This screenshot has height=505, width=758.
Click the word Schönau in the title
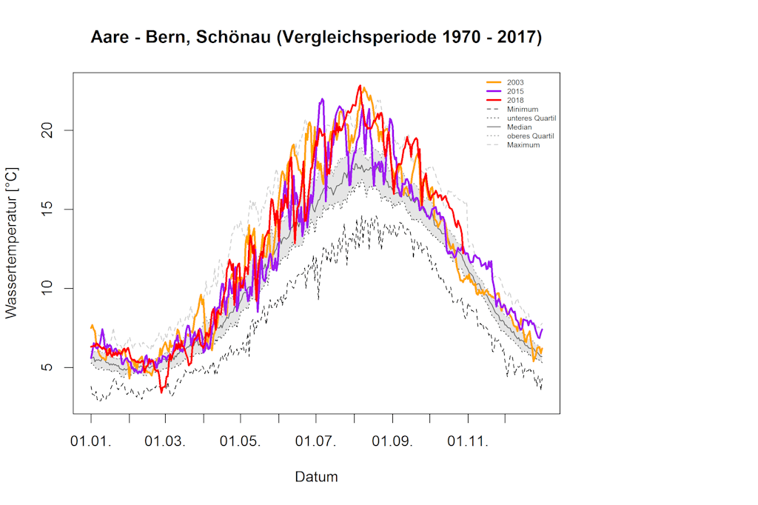tap(231, 37)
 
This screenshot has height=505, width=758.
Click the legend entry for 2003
tap(516, 81)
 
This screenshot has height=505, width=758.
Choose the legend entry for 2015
tap(516, 90)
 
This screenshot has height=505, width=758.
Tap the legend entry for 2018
tap(516, 100)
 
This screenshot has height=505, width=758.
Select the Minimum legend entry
tap(522, 109)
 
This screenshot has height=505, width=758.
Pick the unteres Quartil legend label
tap(531, 118)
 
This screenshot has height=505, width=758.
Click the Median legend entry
tap(519, 127)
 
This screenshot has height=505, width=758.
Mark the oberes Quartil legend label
tap(530, 136)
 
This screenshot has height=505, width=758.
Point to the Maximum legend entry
tap(523, 144)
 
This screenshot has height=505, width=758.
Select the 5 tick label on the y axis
tap(50, 367)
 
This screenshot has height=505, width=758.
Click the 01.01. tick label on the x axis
tap(91, 442)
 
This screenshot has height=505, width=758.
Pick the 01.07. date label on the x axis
tap(317, 442)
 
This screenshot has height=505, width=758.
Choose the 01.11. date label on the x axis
tap(468, 442)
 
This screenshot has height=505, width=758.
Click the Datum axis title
tap(316, 477)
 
